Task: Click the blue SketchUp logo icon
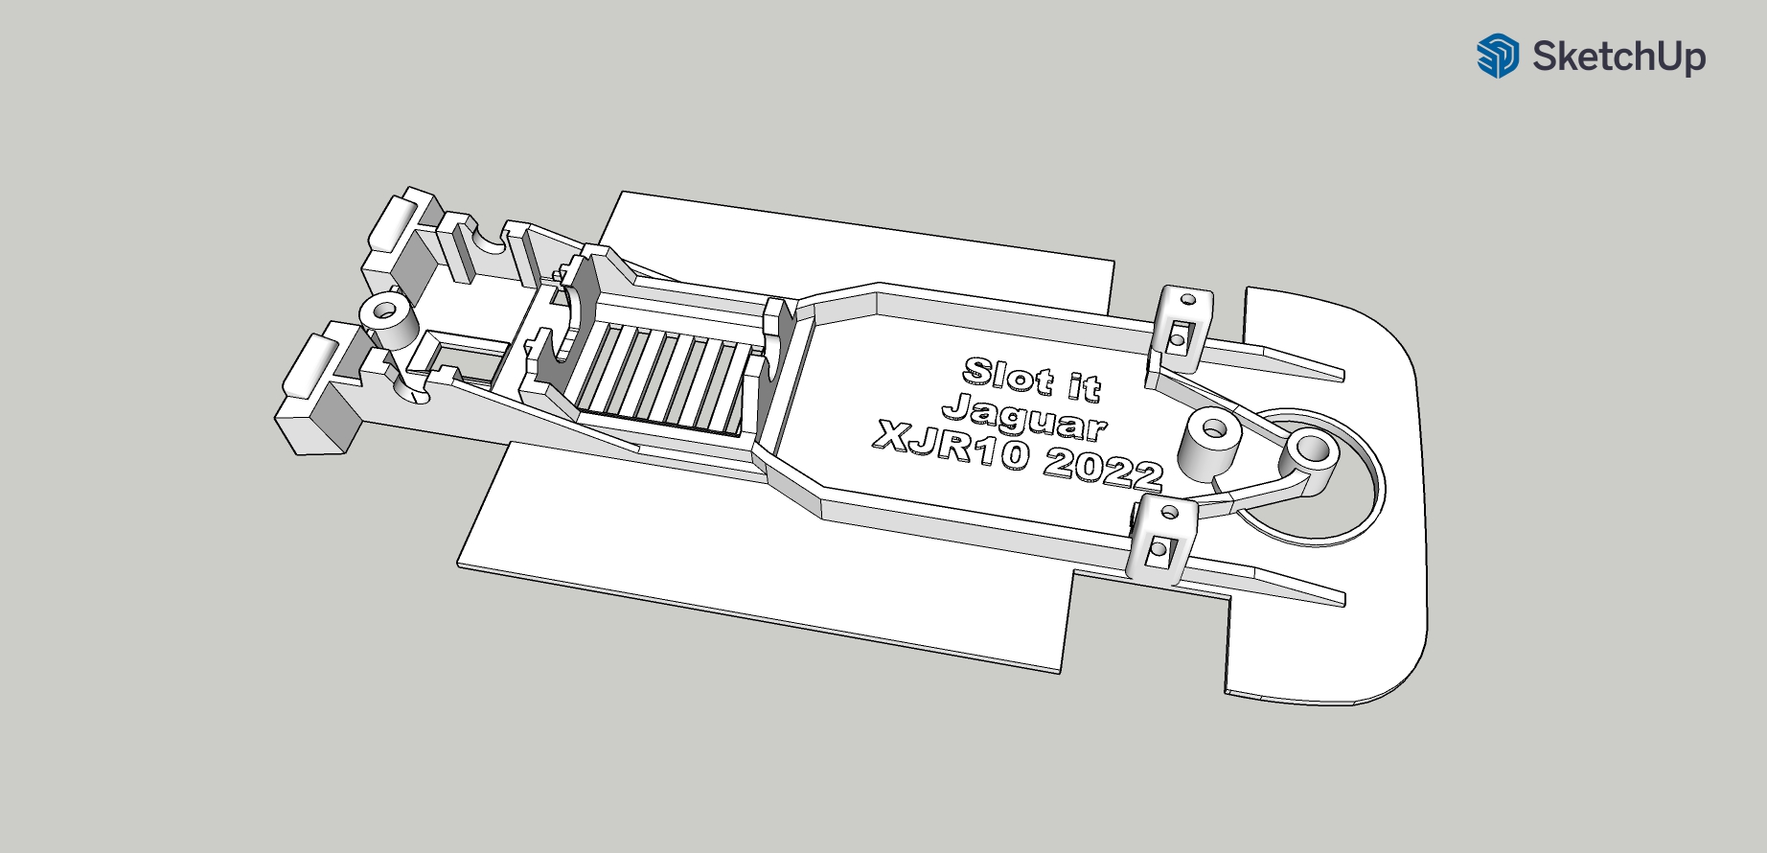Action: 1497,56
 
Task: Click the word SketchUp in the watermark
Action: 1618,56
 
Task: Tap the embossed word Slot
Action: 1007,375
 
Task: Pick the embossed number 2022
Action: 1102,470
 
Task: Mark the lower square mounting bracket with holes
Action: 1162,540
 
